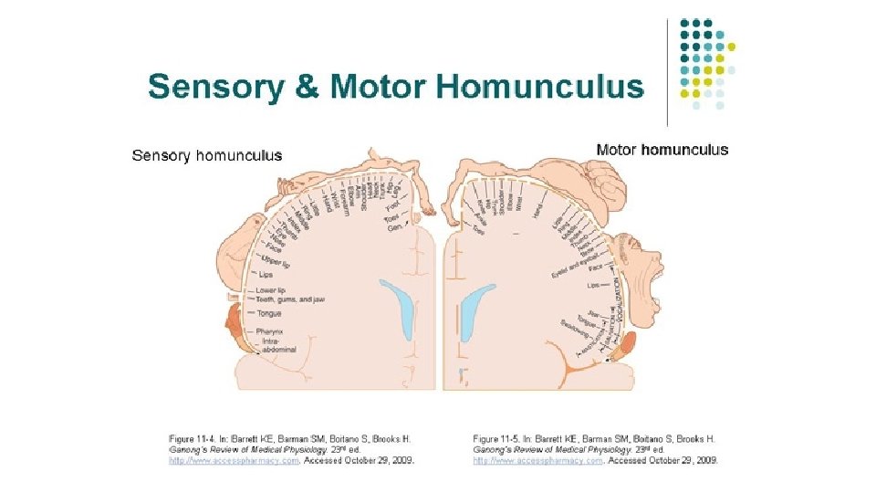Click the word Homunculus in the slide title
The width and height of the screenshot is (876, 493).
point(539,88)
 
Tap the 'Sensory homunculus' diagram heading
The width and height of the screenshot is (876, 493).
point(207,155)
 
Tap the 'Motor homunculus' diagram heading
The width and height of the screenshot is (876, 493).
point(662,150)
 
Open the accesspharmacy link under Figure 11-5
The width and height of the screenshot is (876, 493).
point(537,460)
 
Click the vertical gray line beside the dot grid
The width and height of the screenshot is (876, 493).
point(670,69)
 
